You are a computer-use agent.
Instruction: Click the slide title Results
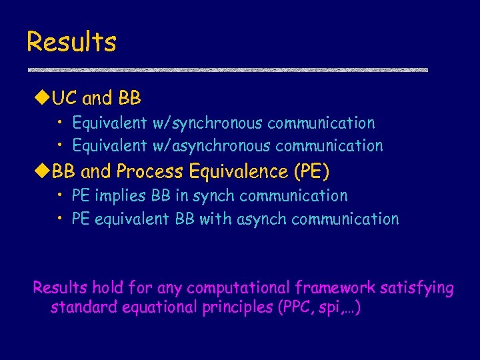(71, 41)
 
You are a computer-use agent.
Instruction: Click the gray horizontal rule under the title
(227, 69)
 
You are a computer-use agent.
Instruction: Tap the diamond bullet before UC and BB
(41, 99)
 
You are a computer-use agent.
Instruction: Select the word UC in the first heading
(65, 99)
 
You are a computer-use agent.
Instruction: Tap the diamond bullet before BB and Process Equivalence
(41, 171)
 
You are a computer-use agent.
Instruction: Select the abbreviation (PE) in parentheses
(311, 171)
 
